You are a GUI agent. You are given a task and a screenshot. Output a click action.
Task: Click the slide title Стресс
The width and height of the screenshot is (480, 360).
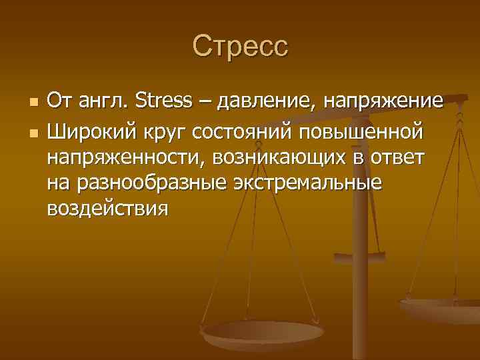coord(240,47)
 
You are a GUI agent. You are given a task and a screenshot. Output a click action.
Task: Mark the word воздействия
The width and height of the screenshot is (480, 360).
coord(107,209)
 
